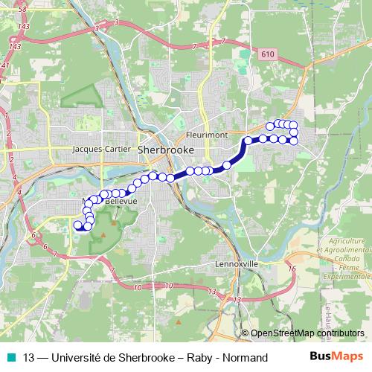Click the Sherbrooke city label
coord(166,150)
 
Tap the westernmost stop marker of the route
coord(77,223)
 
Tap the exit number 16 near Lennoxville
coord(292,269)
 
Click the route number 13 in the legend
coord(29,358)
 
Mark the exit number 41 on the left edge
coord(4,65)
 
